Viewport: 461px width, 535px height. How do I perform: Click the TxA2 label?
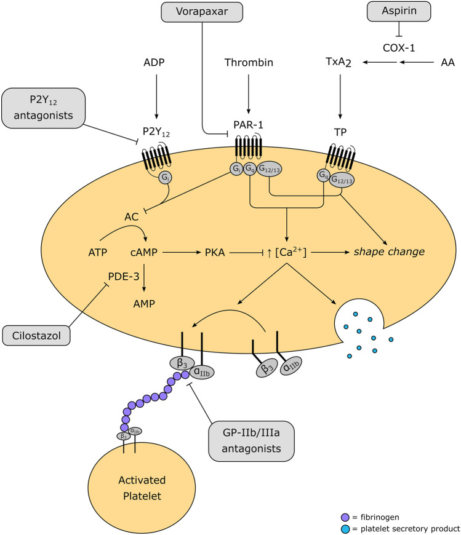(x=339, y=63)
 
